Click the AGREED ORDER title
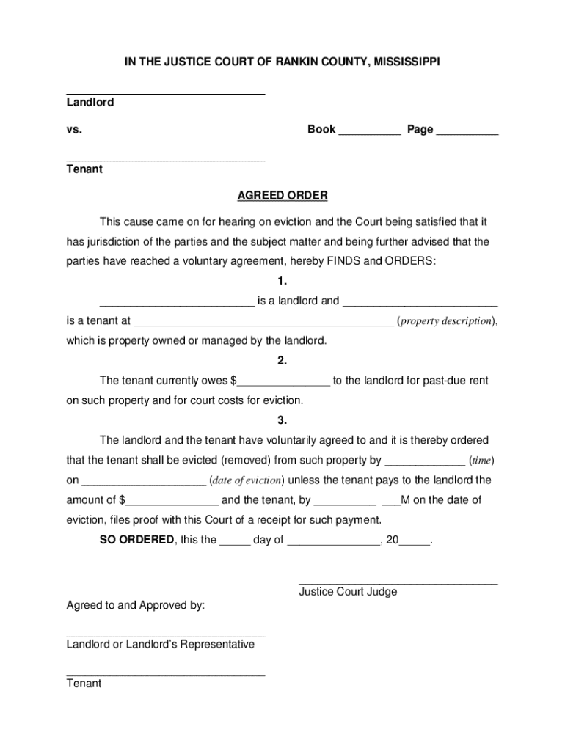click(282, 196)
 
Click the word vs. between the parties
click(74, 130)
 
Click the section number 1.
click(282, 281)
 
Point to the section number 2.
click(282, 361)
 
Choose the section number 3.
click(282, 420)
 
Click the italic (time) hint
click(481, 461)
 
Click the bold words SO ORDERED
click(136, 540)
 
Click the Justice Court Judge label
click(348, 591)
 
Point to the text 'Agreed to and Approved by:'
click(136, 606)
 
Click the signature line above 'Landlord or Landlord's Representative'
click(165, 636)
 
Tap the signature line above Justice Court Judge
click(398, 584)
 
